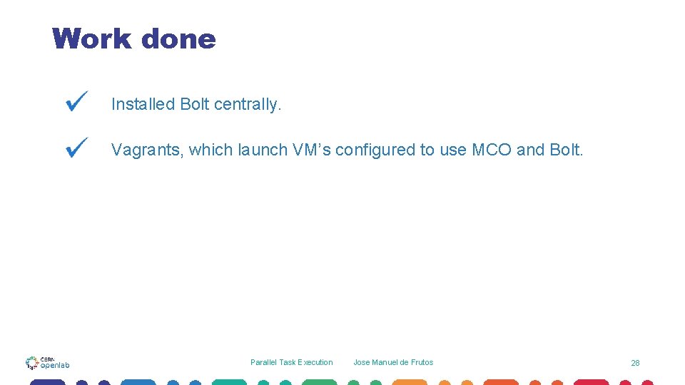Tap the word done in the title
[x=178, y=38]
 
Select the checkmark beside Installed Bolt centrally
[x=76, y=101]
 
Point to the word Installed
[x=143, y=104]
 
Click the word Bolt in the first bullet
[x=195, y=104]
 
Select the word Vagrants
[x=147, y=150]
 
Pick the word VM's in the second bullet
[x=311, y=150]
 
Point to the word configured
[x=375, y=150]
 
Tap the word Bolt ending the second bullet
[x=567, y=150]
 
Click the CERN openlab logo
[x=48, y=363]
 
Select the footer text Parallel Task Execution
[x=291, y=362]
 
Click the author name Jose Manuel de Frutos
[x=393, y=362]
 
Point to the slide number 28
[x=635, y=363]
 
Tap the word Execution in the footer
[x=315, y=362]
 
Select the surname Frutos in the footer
[x=421, y=362]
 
